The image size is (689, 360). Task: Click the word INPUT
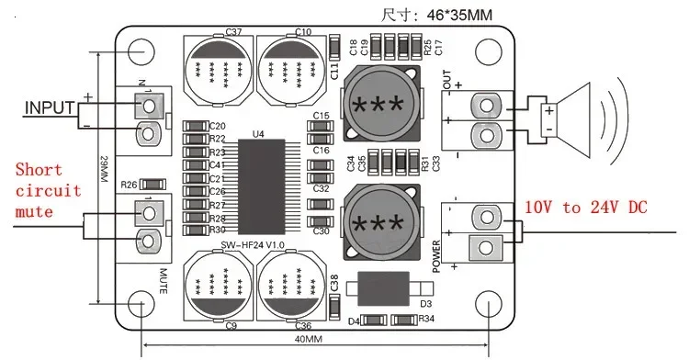pos(48,107)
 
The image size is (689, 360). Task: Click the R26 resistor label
pos(130,184)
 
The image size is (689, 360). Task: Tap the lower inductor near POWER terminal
pos(380,222)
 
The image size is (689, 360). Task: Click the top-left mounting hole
pos(141,52)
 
